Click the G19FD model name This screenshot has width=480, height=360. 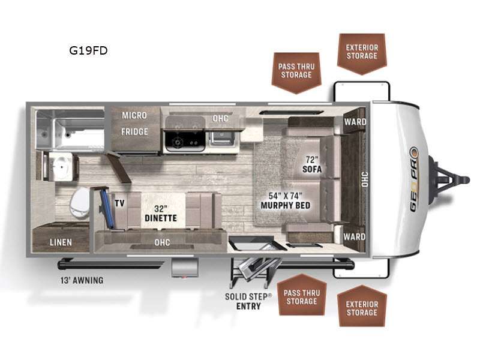click(88, 50)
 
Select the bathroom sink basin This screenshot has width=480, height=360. click(61, 167)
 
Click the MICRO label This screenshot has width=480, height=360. click(135, 115)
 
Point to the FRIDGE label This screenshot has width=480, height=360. click(135, 131)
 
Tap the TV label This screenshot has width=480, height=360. click(119, 203)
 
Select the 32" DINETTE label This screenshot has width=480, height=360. click(160, 214)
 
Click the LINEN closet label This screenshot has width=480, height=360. click(61, 242)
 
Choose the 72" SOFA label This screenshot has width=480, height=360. click(312, 164)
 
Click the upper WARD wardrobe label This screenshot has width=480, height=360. click(355, 122)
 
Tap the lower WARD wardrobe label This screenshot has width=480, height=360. click(355, 236)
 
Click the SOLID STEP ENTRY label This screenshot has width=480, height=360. click(243, 301)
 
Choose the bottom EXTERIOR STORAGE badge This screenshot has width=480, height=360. click(362, 308)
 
